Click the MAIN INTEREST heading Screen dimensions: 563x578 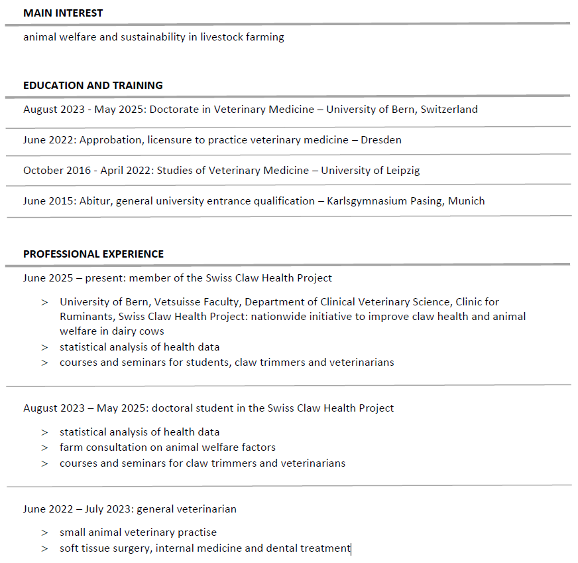(x=63, y=13)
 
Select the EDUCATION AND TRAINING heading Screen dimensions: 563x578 (x=93, y=86)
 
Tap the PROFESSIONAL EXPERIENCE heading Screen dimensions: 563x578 (x=93, y=254)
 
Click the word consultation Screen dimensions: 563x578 (x=115, y=447)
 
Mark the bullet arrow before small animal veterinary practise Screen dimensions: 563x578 (x=44, y=532)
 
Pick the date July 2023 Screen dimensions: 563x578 (x=108, y=509)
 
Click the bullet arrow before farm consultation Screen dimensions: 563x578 (x=44, y=447)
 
